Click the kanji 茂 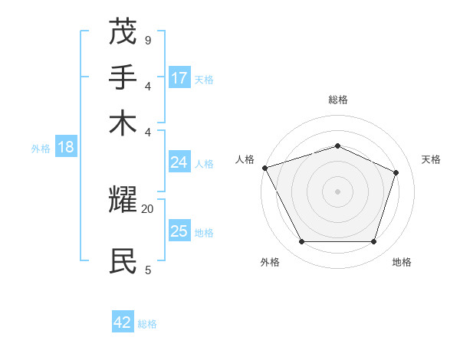124,33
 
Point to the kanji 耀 124,201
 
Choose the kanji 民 124,260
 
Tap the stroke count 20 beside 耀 148,208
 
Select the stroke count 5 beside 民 147,269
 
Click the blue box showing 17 179,78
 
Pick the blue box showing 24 179,162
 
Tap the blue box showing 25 179,231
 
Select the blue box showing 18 66,148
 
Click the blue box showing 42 123,322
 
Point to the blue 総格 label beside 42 147,324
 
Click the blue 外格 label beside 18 40,149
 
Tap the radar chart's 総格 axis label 337,100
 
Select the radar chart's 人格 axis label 245,159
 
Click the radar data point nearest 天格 396,172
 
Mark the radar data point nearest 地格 373,242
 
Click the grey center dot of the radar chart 337,191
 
